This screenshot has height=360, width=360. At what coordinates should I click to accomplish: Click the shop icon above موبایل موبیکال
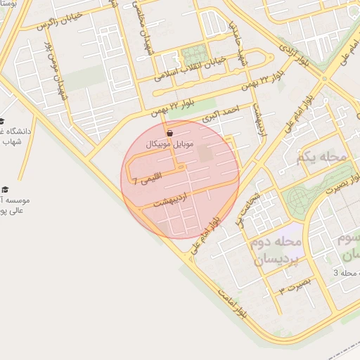pyautogui.click(x=169, y=133)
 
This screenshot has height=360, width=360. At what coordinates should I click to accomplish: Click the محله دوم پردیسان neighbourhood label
pyautogui.click(x=276, y=250)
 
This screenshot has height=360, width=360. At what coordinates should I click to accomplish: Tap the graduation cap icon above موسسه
pyautogui.click(x=6, y=190)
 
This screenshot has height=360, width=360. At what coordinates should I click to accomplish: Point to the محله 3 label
pyautogui.click(x=346, y=272)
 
